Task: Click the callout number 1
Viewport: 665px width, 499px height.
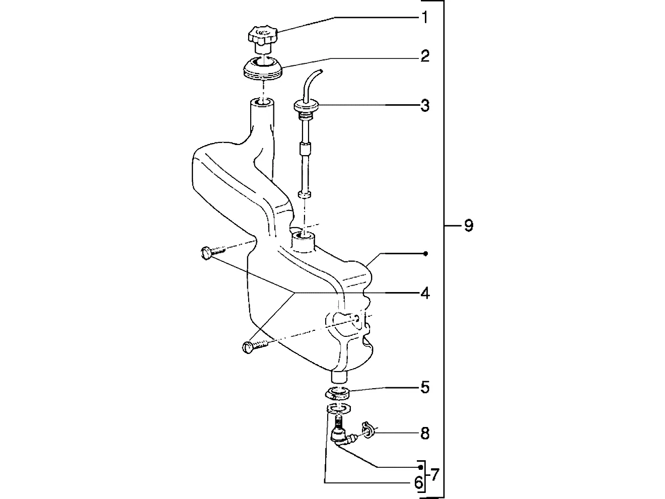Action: pos(425,18)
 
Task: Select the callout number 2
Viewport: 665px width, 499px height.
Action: pos(425,56)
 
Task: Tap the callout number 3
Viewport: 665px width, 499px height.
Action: pos(425,105)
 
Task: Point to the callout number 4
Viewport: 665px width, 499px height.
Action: pos(425,293)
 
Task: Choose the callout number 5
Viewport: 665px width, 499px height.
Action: pos(425,388)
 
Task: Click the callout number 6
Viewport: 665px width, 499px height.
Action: pos(418,483)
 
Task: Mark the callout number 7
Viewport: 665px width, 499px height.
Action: pos(435,475)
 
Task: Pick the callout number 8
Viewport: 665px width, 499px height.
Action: pos(425,434)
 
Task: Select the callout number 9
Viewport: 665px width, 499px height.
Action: pos(469,226)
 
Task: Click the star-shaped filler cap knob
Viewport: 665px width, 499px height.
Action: pos(263,35)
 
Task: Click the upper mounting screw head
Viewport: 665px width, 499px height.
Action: pos(206,253)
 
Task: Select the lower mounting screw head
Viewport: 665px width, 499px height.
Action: pos(248,347)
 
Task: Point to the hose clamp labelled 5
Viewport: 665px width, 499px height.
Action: pos(337,393)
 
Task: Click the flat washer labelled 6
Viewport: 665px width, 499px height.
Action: pos(338,409)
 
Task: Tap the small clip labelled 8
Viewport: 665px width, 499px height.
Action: pos(368,430)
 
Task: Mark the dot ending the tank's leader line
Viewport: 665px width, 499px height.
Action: pos(425,254)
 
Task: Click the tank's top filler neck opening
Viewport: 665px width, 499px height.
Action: pos(263,102)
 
